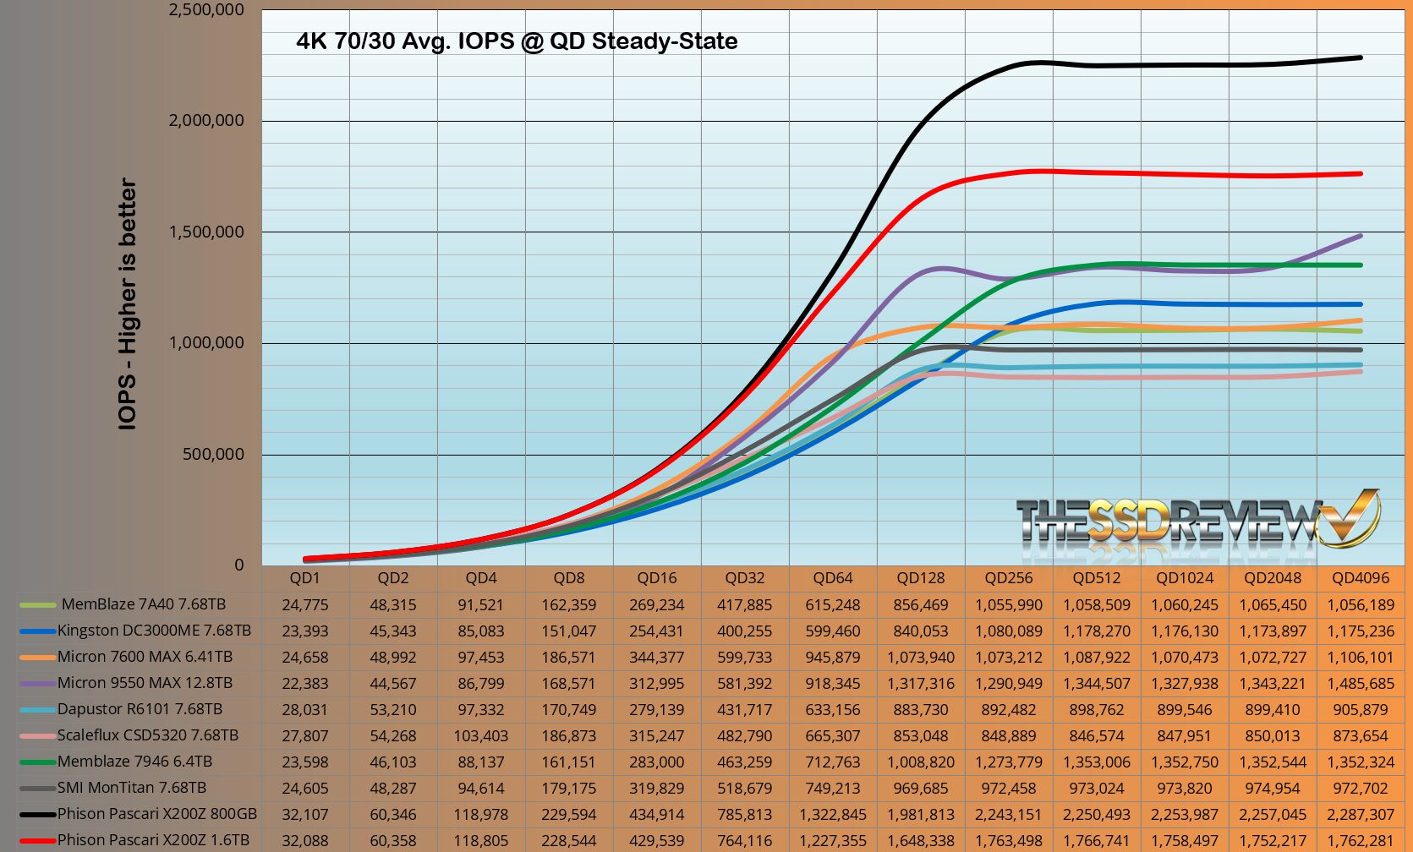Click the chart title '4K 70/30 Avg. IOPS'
click(x=517, y=41)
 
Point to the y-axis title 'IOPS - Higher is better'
click(x=128, y=304)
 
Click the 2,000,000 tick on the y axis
click(x=206, y=120)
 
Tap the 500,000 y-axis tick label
click(x=213, y=454)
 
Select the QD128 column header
click(x=920, y=578)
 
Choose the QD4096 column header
click(x=1360, y=578)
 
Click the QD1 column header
click(x=305, y=578)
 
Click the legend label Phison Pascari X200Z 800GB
click(x=156, y=814)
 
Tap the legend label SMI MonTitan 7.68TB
click(x=132, y=788)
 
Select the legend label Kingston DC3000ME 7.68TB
click(x=154, y=631)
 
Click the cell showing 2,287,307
click(x=1360, y=815)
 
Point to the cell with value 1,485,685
click(x=1360, y=684)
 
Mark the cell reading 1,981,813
click(x=920, y=815)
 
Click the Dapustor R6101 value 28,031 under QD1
click(x=305, y=710)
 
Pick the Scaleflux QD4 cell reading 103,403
click(x=481, y=736)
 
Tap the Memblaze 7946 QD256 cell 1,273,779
click(x=1008, y=762)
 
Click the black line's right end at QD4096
click(x=1360, y=57)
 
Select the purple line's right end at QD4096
click(x=1360, y=236)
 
